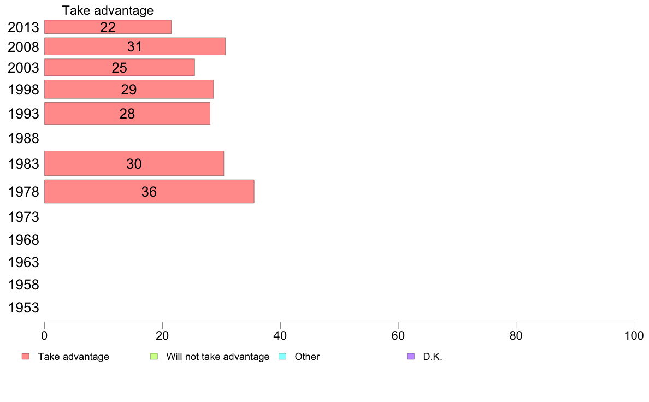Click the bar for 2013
tap(108, 27)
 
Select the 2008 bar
tap(135, 46)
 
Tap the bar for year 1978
tap(149, 191)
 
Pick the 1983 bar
tap(134, 163)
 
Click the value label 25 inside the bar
tap(119, 68)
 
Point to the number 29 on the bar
tap(129, 90)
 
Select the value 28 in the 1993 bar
tap(127, 114)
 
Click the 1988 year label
tap(23, 138)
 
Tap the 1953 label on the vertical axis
tap(23, 308)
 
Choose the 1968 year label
tap(23, 240)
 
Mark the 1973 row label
tap(23, 217)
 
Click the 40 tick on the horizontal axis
tap(280, 335)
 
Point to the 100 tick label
tap(634, 335)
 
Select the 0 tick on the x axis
tap(44, 335)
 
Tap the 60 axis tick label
tap(398, 335)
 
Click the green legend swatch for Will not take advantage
tap(154, 357)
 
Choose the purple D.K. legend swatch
tap(411, 357)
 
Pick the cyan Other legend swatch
tap(282, 357)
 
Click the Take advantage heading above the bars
tap(108, 10)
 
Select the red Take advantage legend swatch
tap(26, 357)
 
